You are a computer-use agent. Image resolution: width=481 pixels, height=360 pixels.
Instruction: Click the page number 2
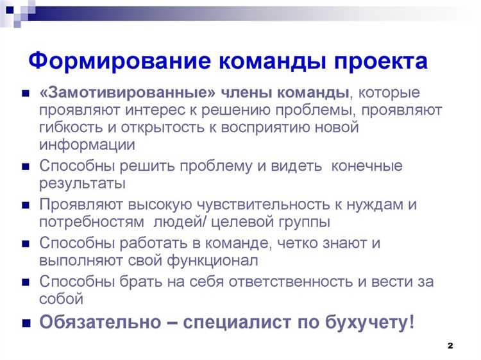pyautogui.click(x=450, y=346)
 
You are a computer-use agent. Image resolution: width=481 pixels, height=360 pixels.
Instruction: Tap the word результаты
pyautogui.click(x=82, y=184)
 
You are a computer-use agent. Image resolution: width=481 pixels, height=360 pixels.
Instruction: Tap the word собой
pyautogui.click(x=61, y=299)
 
